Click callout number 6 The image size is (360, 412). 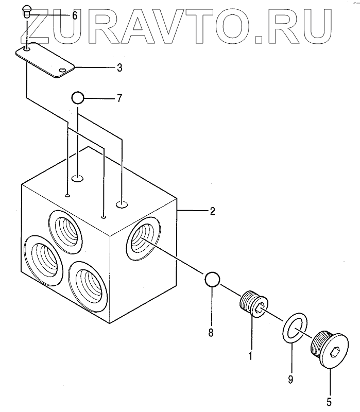75,16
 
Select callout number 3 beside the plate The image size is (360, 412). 119,67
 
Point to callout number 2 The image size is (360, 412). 212,211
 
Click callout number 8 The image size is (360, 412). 211,333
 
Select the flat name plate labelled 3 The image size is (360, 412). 45,59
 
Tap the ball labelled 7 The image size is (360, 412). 77,97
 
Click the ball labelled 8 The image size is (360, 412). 212,279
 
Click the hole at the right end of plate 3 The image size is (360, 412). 62,70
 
